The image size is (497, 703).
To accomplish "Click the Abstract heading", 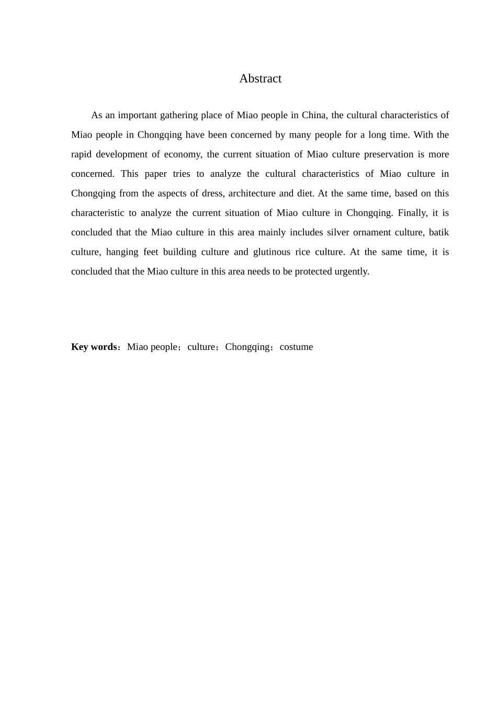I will (260, 78).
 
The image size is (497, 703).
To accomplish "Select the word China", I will (313, 115).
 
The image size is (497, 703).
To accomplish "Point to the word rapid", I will (81, 154).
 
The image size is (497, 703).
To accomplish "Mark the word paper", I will (155, 174).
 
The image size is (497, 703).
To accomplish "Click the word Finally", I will (413, 213).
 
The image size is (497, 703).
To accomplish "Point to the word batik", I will (439, 232).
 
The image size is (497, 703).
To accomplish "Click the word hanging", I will (121, 252).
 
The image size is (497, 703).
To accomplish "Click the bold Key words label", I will (94, 347).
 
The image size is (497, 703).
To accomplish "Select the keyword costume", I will (296, 347).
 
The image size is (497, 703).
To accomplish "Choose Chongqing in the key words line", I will (247, 347).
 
